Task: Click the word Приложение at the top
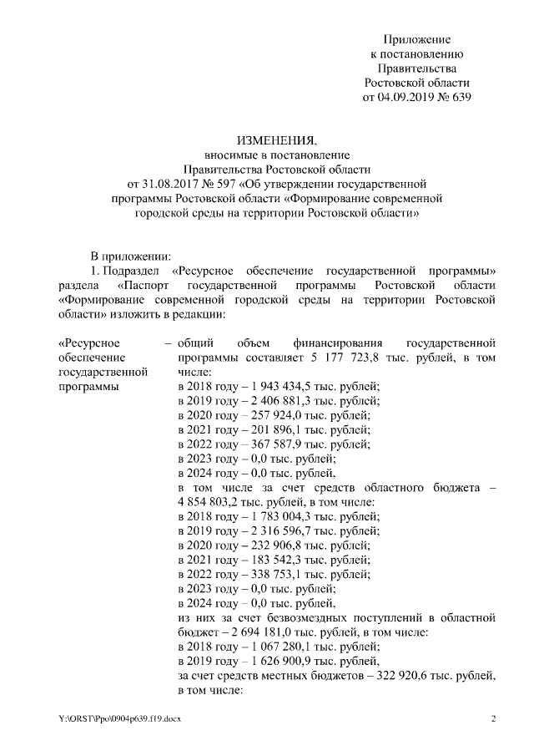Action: [416, 39]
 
